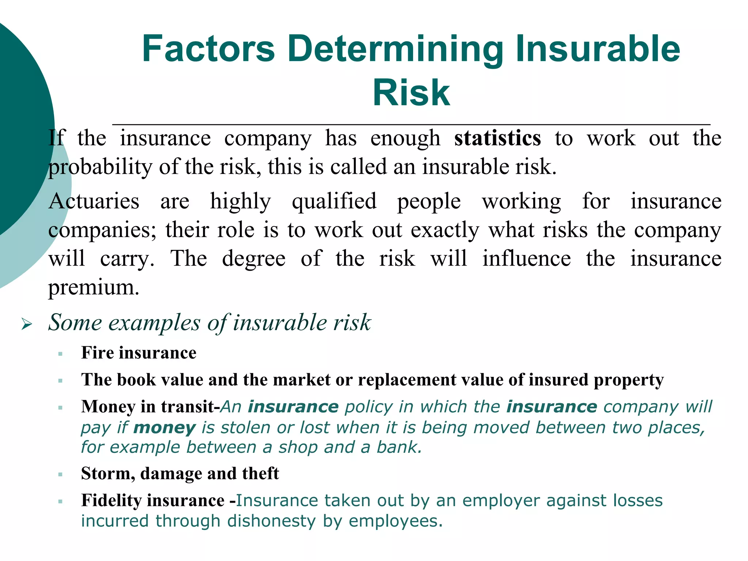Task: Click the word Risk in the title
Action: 411,93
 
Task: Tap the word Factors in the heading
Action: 208,49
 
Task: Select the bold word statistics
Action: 497,138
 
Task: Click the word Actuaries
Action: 94,201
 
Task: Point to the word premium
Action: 93,287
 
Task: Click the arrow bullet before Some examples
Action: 27,324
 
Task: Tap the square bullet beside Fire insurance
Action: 60,354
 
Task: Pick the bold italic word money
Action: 164,427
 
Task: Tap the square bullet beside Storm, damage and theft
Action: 60,474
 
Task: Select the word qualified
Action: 334,201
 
